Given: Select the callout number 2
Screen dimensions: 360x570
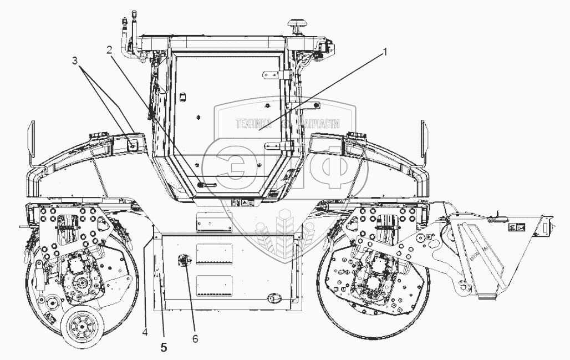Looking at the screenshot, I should (x=110, y=49).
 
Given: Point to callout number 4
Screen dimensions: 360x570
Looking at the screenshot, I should (x=145, y=333).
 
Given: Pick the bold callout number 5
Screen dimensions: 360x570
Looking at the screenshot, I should (x=164, y=348).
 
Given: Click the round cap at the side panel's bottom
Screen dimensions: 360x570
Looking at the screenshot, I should (x=272, y=298).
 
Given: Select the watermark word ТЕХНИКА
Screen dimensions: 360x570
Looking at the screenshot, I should (x=252, y=124).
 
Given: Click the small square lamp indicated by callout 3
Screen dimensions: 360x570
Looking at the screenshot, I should (x=133, y=144).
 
